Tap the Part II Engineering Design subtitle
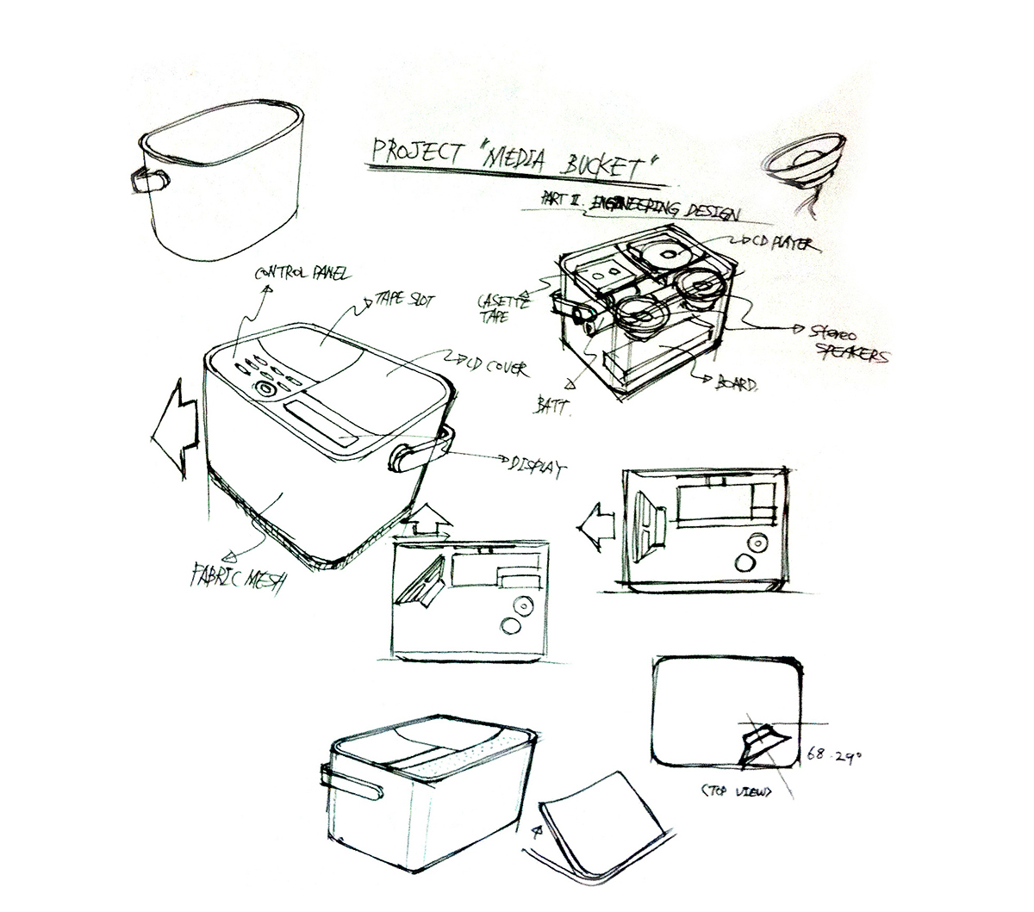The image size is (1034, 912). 641,205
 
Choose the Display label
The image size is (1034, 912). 534,466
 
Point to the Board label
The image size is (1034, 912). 736,386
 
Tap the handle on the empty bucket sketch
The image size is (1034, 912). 149,181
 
